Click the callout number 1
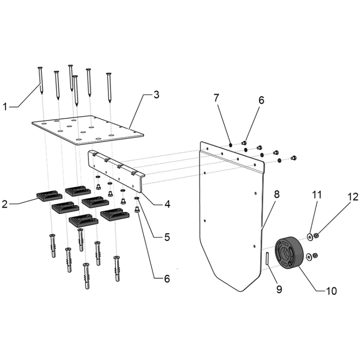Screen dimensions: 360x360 point(5,107)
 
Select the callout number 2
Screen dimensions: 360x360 point(4,204)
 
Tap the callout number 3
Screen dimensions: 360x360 point(156,94)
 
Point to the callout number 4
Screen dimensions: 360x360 point(167,204)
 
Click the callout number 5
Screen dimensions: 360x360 point(167,237)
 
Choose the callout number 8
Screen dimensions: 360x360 point(277,194)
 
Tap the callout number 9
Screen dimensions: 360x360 point(279,289)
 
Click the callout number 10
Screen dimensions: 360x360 point(331,291)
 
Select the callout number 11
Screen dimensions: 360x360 point(317,195)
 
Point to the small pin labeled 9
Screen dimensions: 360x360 point(267,258)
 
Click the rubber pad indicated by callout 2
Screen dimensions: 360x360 point(49,195)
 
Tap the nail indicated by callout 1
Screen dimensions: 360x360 point(41,80)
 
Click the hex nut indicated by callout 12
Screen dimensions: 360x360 point(315,235)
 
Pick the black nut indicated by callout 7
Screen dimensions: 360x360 point(230,145)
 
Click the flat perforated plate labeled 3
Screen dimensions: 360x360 point(88,130)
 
